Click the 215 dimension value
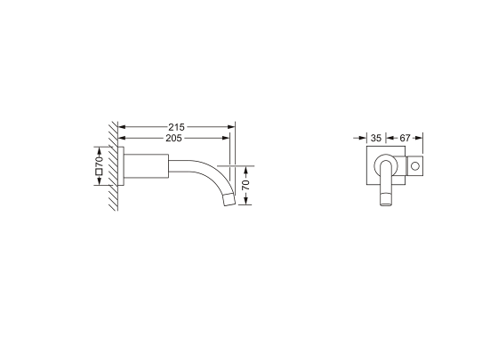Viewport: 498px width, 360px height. pyautogui.click(x=176, y=127)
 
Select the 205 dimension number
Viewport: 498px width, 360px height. pyautogui.click(x=173, y=138)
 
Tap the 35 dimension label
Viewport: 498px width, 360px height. pyautogui.click(x=375, y=138)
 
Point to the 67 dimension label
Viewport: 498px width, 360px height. pyautogui.click(x=405, y=138)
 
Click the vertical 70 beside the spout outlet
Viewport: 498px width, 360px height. pyautogui.click(x=245, y=185)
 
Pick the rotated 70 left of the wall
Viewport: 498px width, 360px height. pyautogui.click(x=99, y=160)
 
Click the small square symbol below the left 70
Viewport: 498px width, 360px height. pyautogui.click(x=99, y=172)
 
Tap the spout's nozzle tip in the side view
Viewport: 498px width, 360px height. pyautogui.click(x=229, y=200)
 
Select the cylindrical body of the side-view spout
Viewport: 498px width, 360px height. pyautogui.click(x=146, y=166)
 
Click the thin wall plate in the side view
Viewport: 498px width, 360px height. pyautogui.click(x=121, y=166)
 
